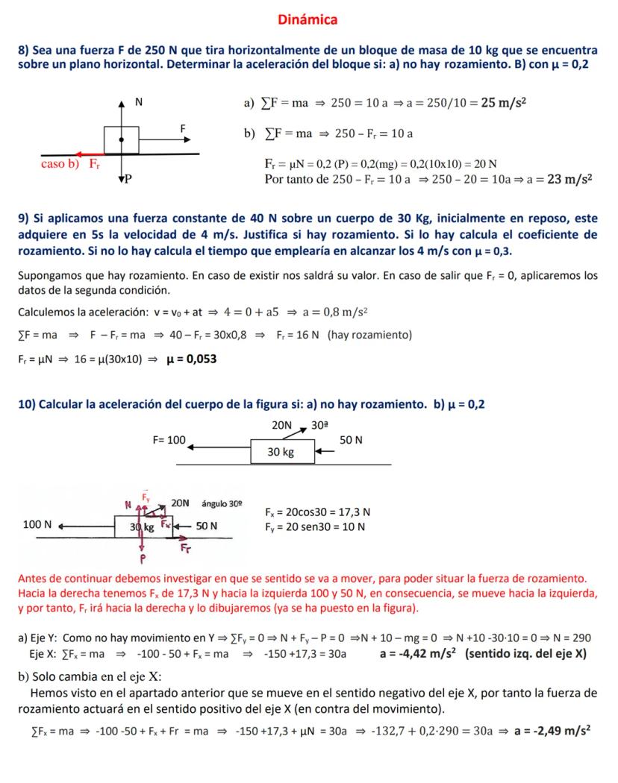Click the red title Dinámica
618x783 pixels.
tap(308, 19)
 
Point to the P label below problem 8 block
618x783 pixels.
tap(128, 179)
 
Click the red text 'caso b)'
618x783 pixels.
tap(60, 163)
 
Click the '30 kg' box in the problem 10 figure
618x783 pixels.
tap(281, 452)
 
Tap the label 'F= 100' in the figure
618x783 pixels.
tap(169, 440)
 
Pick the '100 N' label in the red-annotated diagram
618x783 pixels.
tap(37, 525)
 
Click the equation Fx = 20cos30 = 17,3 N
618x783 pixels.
tap(318, 512)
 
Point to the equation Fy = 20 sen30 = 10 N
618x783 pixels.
tap(315, 526)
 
